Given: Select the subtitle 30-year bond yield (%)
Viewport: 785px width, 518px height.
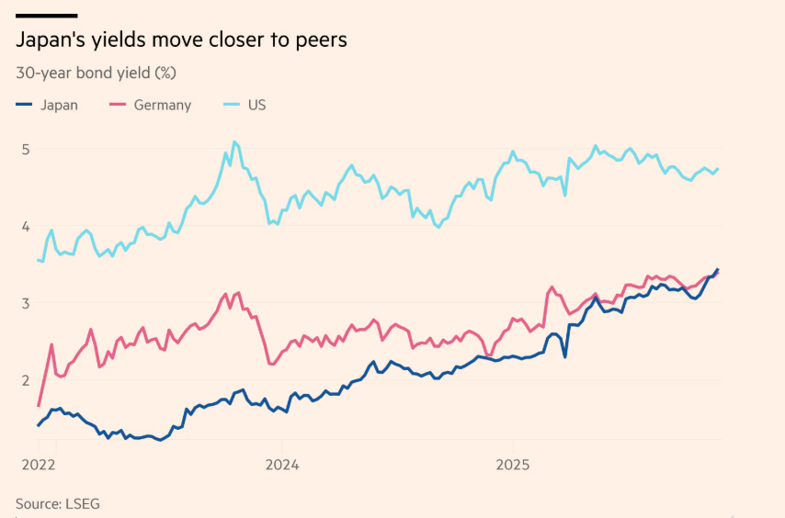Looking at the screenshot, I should (x=96, y=72).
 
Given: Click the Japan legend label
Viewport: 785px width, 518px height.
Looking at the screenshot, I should (x=59, y=105).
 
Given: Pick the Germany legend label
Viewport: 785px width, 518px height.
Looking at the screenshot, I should (x=163, y=105).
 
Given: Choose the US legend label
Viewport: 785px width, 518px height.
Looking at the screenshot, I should (x=256, y=105).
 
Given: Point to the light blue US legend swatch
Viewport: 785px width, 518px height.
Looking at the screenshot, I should (x=233, y=105).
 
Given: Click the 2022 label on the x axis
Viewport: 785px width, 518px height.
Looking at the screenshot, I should (x=39, y=465).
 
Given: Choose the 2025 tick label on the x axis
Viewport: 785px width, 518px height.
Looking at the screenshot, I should (x=513, y=465).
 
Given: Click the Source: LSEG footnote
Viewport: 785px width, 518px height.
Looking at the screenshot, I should (x=57, y=503).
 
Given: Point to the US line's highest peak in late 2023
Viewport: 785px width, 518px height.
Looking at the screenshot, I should (x=234, y=141).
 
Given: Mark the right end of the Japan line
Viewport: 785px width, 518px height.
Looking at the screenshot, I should (x=718, y=269).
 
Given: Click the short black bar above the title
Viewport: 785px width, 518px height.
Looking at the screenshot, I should (x=46, y=16).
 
